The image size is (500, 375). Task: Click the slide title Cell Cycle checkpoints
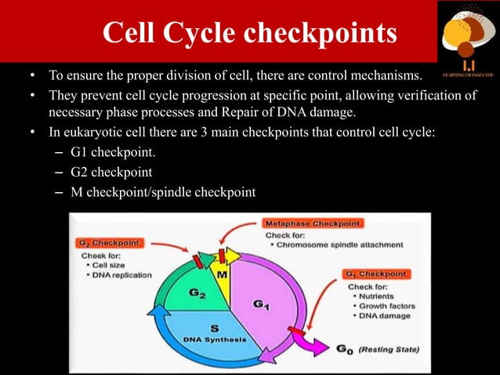249,33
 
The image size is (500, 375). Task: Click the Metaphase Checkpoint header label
312,224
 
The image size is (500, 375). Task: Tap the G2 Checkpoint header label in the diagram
109,243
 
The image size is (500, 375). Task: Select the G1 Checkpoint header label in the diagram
375,274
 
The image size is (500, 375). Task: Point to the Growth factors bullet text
385,305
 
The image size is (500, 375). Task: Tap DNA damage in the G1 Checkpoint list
382,315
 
